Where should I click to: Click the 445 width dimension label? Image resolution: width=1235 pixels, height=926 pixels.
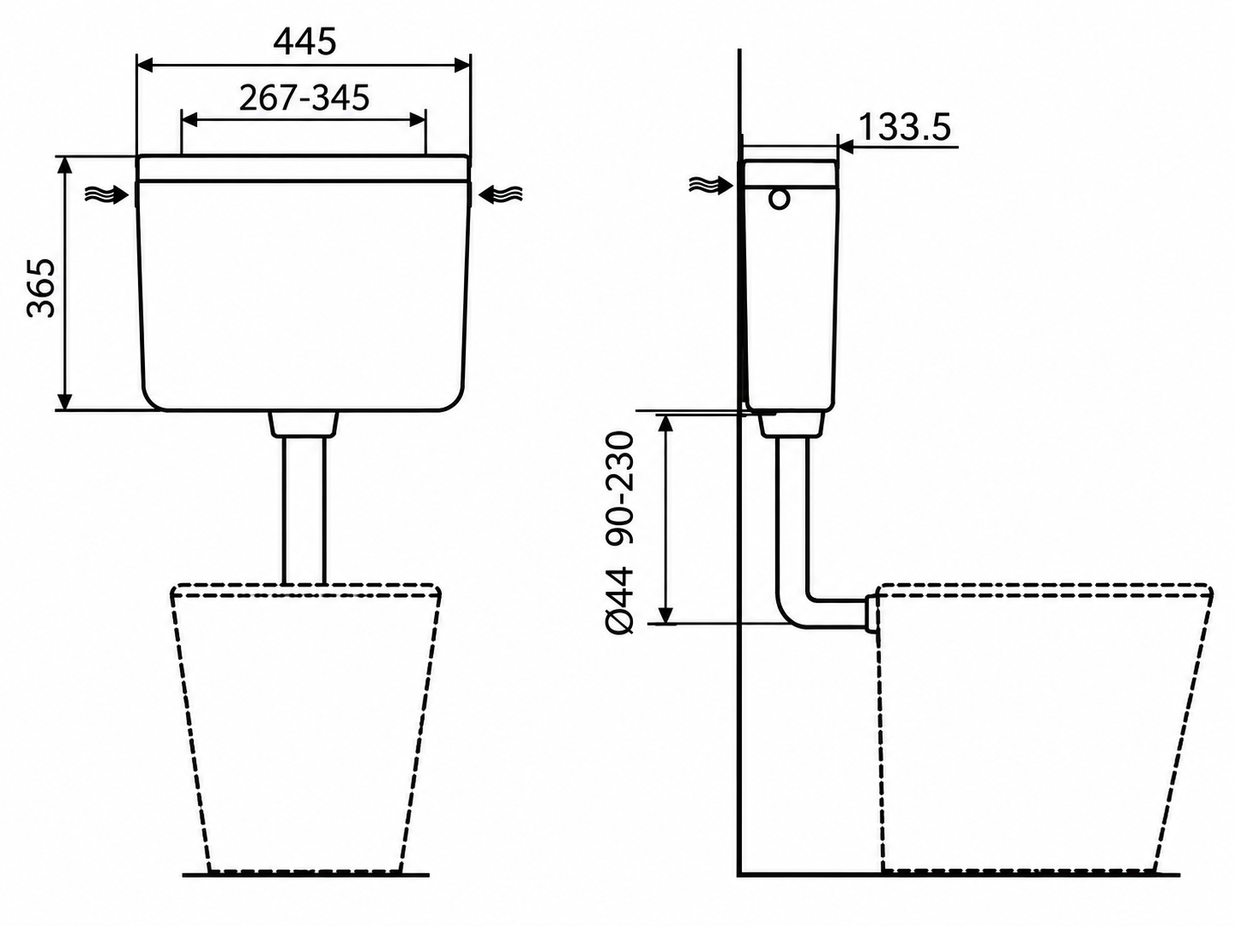tap(305, 42)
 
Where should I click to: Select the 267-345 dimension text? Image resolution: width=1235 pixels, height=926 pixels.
tap(304, 98)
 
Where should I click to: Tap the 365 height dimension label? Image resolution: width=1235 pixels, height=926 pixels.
tap(42, 288)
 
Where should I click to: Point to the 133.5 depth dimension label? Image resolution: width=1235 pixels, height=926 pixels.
tap(905, 127)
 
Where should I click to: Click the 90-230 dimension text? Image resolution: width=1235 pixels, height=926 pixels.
tap(621, 488)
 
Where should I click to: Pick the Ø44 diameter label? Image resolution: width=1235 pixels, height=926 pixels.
tap(621, 601)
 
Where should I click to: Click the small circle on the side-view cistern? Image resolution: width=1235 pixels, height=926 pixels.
tap(780, 199)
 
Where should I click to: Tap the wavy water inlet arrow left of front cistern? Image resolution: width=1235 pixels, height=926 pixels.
tap(106, 194)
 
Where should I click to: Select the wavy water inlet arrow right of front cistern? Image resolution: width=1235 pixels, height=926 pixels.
tap(500, 194)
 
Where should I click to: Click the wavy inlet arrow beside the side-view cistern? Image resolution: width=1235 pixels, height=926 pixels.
tap(711, 184)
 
